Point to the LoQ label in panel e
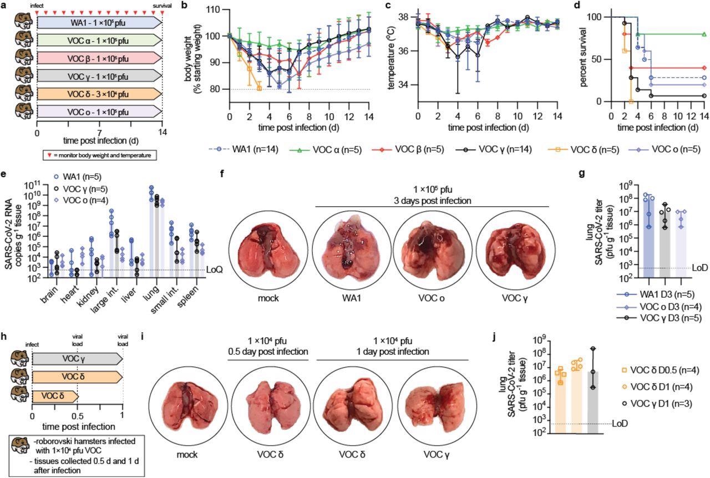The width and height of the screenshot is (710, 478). pyautogui.click(x=214, y=270)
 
